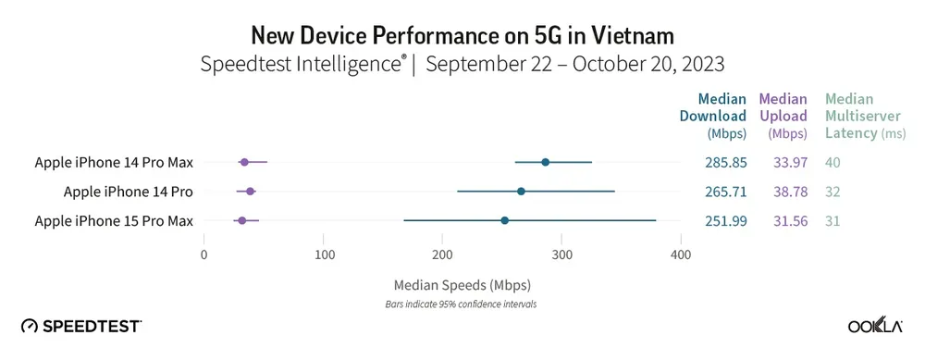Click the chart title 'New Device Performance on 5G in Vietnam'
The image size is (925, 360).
coord(462,35)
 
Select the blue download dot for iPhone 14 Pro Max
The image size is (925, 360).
coord(545,162)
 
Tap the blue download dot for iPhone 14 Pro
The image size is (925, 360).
coord(521,192)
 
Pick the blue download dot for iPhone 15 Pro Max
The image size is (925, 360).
coord(504,220)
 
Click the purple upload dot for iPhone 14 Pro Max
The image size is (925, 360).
coord(244,162)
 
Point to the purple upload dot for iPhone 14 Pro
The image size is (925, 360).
coord(250,192)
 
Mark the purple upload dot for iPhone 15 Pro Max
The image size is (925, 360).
coord(241,220)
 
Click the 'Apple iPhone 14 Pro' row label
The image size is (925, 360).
coord(128,192)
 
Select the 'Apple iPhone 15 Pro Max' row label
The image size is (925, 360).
coord(114,220)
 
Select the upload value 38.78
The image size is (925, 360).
coord(783,192)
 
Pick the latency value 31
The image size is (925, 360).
coord(833,220)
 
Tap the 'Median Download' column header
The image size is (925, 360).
coord(721,116)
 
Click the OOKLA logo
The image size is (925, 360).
coord(875,326)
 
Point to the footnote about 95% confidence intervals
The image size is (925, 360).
coord(462,304)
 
